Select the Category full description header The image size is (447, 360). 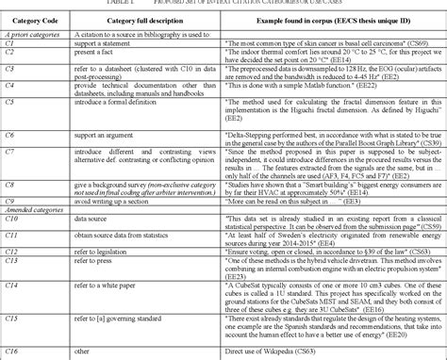coord(131,20)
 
